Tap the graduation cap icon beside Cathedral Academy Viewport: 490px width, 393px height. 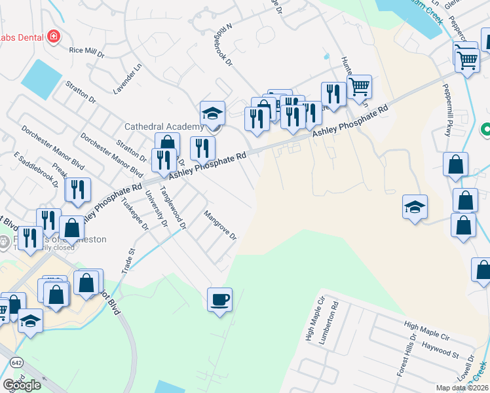point(212,113)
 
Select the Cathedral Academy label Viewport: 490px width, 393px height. point(163,126)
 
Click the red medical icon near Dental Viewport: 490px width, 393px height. point(53,37)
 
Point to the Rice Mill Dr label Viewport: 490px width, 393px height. point(86,51)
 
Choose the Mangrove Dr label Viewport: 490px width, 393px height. point(219,225)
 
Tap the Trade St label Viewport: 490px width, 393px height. point(127,260)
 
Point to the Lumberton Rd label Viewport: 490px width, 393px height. point(334,320)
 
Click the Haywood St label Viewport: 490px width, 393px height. point(440,348)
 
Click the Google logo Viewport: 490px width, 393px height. point(21,385)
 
